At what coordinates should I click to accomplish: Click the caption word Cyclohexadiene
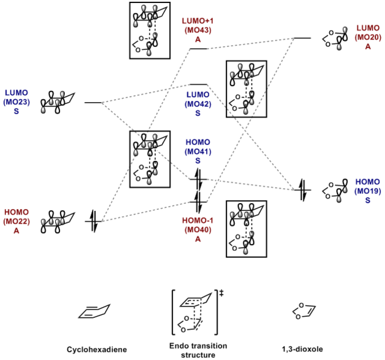[x=92, y=349]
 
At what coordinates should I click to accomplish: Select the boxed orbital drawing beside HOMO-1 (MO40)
[x=246, y=229]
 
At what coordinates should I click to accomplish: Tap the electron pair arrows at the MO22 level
[x=94, y=221]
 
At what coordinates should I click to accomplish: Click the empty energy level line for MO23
[x=94, y=103]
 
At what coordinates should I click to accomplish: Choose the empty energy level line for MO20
[x=302, y=38]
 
